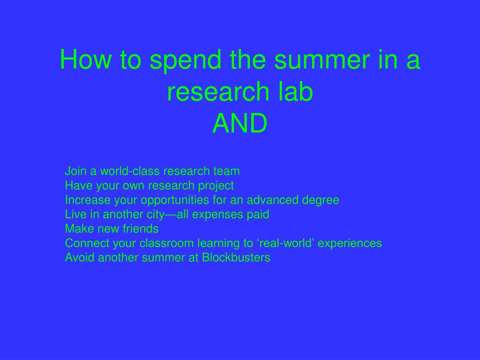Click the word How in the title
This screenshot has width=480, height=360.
click(85, 60)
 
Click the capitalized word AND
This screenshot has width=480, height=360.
click(240, 123)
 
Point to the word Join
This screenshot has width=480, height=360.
click(75, 171)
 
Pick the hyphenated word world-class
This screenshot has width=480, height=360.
click(130, 171)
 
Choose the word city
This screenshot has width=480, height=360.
click(156, 215)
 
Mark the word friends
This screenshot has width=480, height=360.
click(141, 229)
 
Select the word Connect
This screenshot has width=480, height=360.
click(87, 243)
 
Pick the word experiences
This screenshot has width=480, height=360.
click(350, 244)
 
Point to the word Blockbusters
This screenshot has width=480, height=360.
click(236, 257)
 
